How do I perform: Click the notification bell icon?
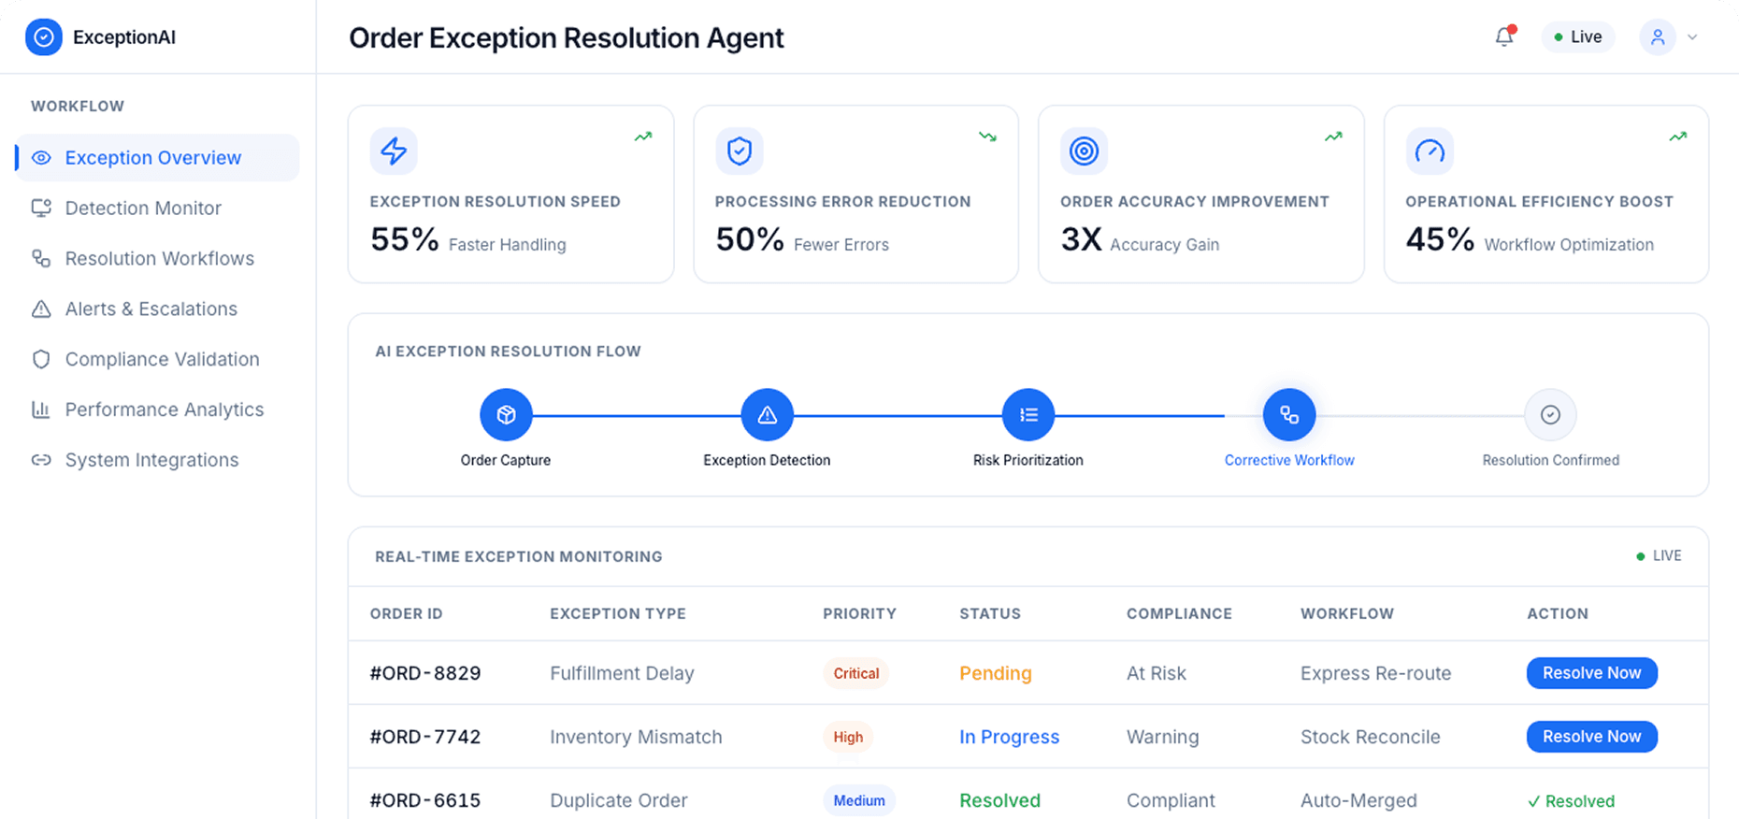pos(1503,37)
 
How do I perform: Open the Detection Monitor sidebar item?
pos(142,208)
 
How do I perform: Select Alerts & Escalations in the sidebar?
pos(151,309)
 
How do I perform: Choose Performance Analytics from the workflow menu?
pos(164,409)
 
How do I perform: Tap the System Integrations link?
pos(151,460)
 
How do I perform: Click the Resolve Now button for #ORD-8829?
pos(1591,673)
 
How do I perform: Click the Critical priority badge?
pos(855,673)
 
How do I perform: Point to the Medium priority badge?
pos(858,800)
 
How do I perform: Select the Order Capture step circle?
pos(506,415)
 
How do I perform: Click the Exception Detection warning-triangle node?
pos(767,415)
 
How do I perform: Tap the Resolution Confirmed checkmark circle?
pos(1550,415)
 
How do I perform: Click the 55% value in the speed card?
pos(404,240)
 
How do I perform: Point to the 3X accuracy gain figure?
pos(1081,240)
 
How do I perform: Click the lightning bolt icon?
pos(394,151)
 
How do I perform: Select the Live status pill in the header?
pos(1577,37)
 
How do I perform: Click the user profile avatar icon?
pos(1657,37)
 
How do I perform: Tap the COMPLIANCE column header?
pos(1178,613)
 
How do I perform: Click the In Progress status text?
pos(1009,737)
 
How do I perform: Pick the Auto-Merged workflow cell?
pos(1358,800)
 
